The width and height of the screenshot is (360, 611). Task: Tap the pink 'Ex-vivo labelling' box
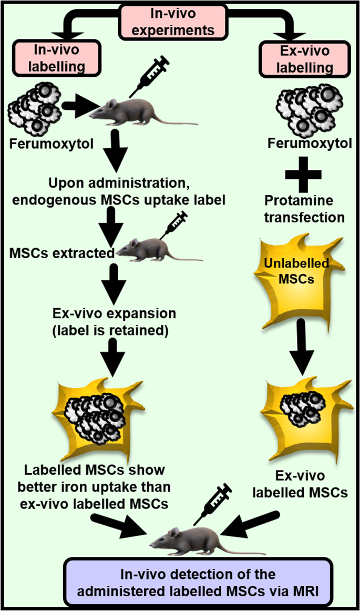(304, 60)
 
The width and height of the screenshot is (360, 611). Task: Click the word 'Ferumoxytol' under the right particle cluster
(304, 143)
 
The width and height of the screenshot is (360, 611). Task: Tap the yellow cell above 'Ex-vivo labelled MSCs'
(302, 415)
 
